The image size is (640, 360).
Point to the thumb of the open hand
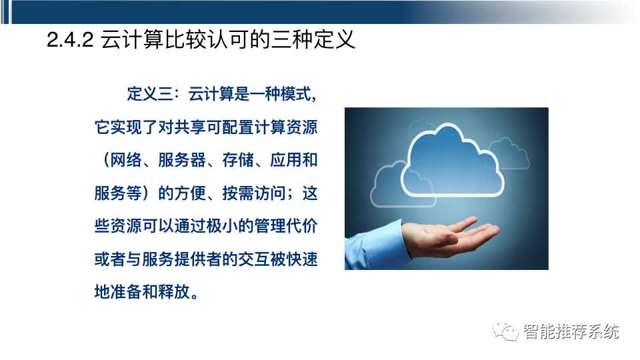click(467, 223)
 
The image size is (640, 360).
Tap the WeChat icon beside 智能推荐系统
click(506, 331)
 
